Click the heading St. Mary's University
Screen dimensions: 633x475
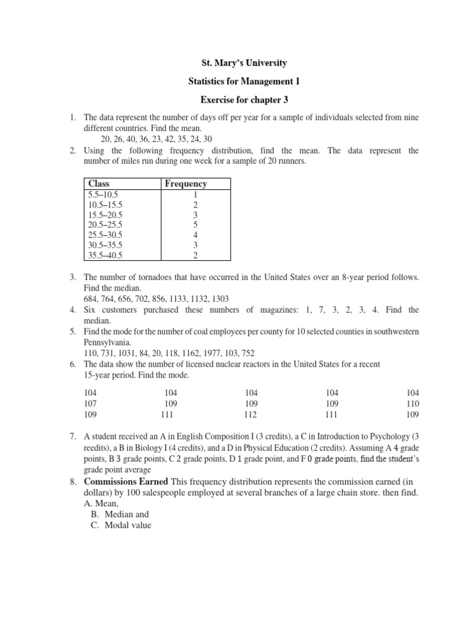pyautogui.click(x=237, y=63)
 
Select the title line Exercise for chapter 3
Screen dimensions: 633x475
pyautogui.click(x=237, y=100)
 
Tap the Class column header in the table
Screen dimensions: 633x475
pyautogui.click(x=98, y=184)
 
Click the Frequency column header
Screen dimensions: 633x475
pyautogui.click(x=186, y=184)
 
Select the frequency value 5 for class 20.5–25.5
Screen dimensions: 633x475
pyautogui.click(x=195, y=225)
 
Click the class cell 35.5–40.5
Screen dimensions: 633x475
pyautogui.click(x=105, y=255)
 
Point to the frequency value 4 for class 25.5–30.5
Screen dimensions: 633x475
pyautogui.click(x=195, y=235)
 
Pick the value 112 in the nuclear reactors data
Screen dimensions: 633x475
pyautogui.click(x=250, y=414)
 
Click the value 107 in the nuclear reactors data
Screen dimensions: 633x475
pyautogui.click(x=90, y=403)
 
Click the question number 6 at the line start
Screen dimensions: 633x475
pyautogui.click(x=72, y=364)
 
